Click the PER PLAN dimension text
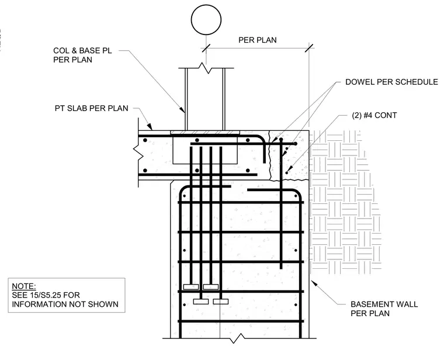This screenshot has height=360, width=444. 258,40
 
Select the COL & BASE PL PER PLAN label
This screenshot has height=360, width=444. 82,55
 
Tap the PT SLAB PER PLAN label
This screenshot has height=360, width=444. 92,108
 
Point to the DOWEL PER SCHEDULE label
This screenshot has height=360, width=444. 391,82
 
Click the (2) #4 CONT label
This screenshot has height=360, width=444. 374,115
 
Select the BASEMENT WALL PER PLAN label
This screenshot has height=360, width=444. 384,309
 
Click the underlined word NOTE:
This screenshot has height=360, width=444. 24,286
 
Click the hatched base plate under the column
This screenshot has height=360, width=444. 205,133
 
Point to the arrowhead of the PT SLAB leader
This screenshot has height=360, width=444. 150,126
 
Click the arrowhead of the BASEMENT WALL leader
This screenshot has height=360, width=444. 314,283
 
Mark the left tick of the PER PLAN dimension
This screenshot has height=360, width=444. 206,48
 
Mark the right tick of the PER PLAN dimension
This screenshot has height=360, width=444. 309,48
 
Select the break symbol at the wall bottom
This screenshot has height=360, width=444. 237,338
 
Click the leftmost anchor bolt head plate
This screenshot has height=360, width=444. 191,287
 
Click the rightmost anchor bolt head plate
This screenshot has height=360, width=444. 221,302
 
